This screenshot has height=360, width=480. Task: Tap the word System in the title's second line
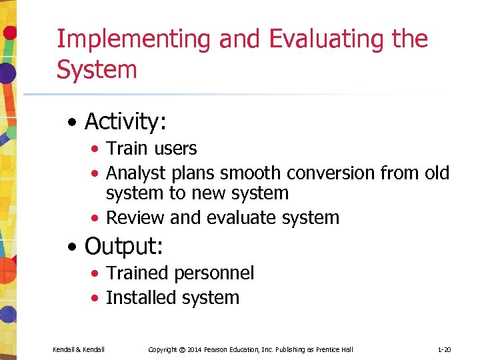pyautogui.click(x=97, y=69)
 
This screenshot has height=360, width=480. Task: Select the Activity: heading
pyautogui.click(x=125, y=122)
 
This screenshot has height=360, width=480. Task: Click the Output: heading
pyautogui.click(x=124, y=246)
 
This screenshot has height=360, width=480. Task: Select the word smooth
pyautogui.click(x=251, y=173)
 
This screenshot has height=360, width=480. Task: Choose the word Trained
pyautogui.click(x=137, y=273)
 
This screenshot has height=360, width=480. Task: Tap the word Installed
pyautogui.click(x=139, y=297)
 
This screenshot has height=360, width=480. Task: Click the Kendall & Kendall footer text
pyautogui.click(x=79, y=349)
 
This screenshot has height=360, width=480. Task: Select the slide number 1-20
pyautogui.click(x=445, y=349)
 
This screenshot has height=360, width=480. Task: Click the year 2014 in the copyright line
pyautogui.click(x=196, y=349)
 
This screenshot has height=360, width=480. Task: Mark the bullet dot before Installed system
pyautogui.click(x=97, y=299)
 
